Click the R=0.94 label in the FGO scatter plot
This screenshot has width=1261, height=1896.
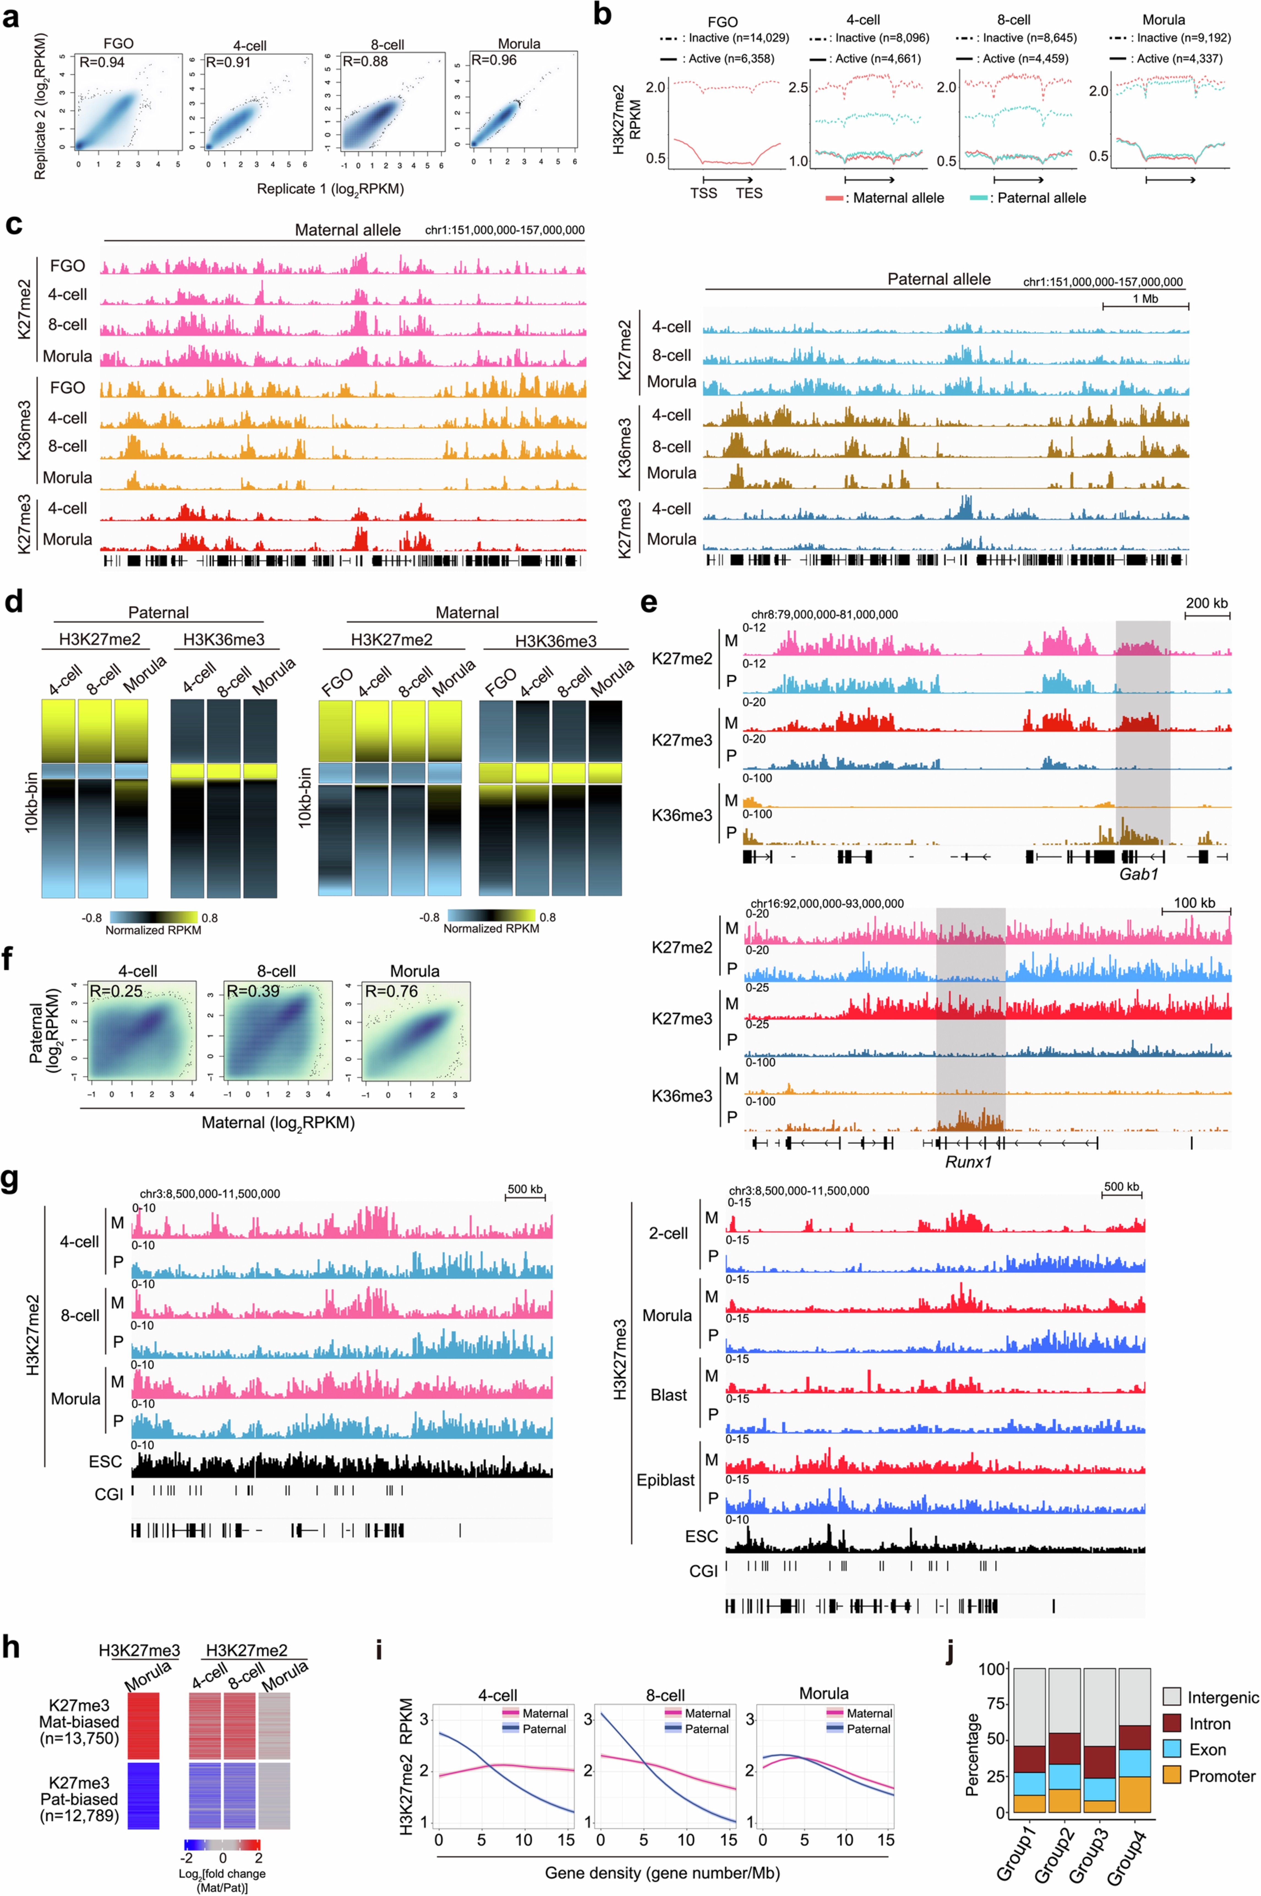tap(101, 62)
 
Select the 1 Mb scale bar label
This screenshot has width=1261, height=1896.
tap(1145, 298)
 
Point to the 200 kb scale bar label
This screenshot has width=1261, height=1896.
tap(1206, 603)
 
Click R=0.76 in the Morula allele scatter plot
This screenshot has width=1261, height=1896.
tap(392, 991)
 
